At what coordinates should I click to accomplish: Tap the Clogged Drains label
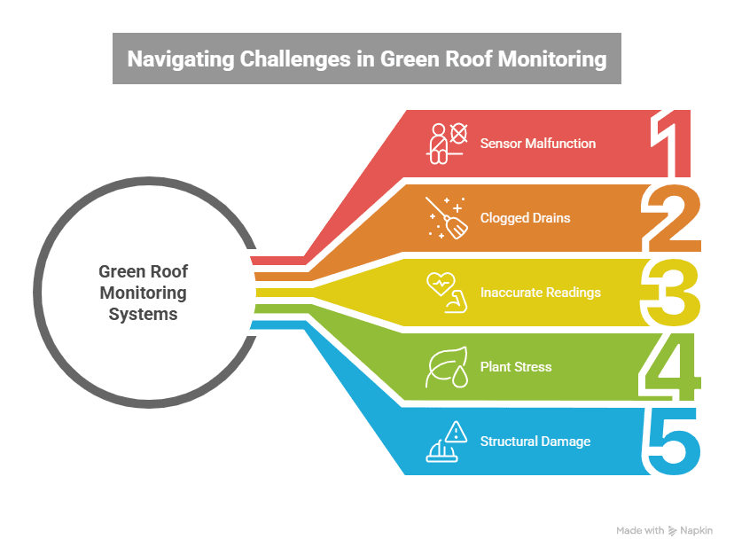click(x=525, y=217)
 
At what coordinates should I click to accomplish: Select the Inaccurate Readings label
click(x=540, y=292)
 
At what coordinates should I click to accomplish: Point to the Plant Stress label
click(x=515, y=366)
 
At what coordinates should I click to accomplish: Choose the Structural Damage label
click(x=535, y=441)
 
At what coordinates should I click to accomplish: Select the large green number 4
click(x=671, y=367)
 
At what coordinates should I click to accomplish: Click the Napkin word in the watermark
click(x=696, y=531)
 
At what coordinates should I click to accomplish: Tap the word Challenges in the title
click(x=280, y=59)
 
